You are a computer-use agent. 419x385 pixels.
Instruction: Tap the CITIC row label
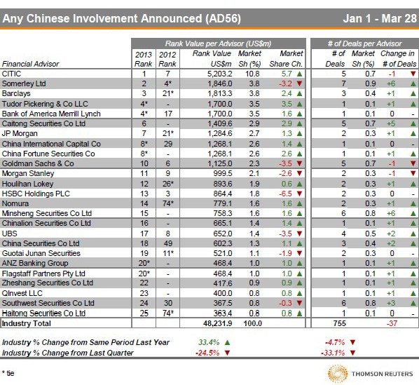[x=12, y=73]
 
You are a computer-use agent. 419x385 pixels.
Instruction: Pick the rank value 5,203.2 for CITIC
[x=214, y=73]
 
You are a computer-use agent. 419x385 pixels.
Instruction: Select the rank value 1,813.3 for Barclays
[x=214, y=93]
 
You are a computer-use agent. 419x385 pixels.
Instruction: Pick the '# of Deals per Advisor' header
[x=365, y=43]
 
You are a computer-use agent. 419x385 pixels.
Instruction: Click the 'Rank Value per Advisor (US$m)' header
[x=218, y=43]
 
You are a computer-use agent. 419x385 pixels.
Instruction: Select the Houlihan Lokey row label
[x=27, y=182]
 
